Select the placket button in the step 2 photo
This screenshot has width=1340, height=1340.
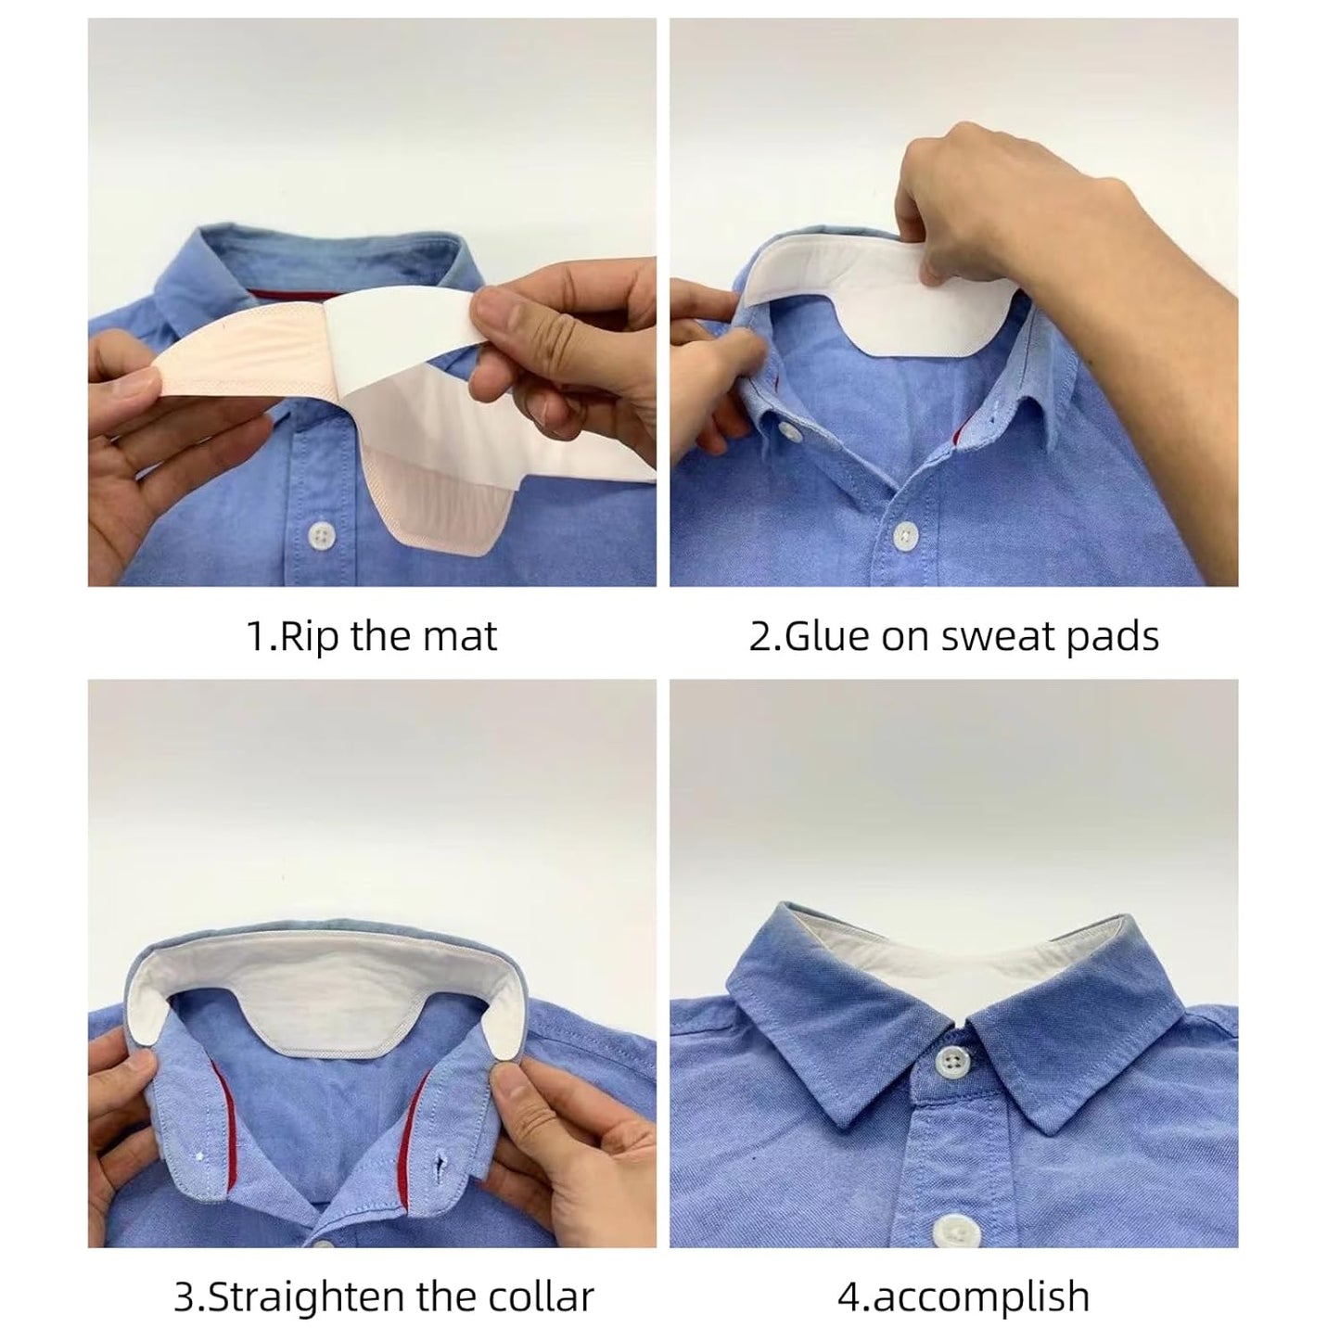pyautogui.click(x=905, y=534)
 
